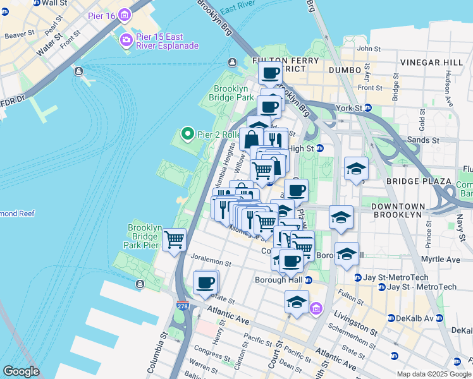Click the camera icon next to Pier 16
click(x=125, y=15)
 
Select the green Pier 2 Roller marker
click(x=187, y=133)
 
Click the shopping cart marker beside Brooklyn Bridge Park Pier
click(x=174, y=239)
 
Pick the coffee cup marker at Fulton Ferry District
click(x=270, y=73)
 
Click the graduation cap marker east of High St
click(x=356, y=169)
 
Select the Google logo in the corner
click(x=20, y=371)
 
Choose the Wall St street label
click(x=54, y=3)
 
